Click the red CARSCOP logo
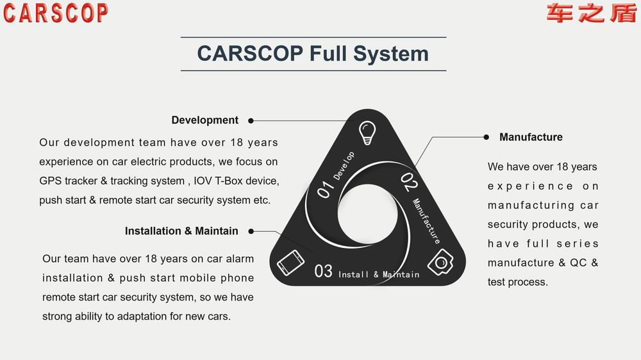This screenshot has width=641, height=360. pyautogui.click(x=56, y=13)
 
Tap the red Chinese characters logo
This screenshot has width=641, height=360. pyautogui.click(x=592, y=13)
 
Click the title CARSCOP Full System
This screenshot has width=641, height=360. pyautogui.click(x=313, y=54)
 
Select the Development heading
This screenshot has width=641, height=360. pyautogui.click(x=205, y=120)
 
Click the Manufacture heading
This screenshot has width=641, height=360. pyautogui.click(x=531, y=137)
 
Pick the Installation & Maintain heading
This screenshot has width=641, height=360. pyautogui.click(x=181, y=231)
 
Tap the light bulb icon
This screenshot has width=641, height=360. pyautogui.click(x=367, y=133)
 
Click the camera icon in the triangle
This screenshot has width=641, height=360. pyautogui.click(x=441, y=262)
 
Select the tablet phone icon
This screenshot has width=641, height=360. pyautogui.click(x=290, y=263)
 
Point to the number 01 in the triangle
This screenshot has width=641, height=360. pyautogui.click(x=326, y=189)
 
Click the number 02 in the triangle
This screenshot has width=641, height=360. pyautogui.click(x=409, y=183)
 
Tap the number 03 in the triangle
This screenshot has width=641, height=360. pyautogui.click(x=323, y=271)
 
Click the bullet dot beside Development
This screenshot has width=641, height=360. pyautogui.click(x=251, y=120)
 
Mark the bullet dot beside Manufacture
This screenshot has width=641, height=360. pyautogui.click(x=486, y=137)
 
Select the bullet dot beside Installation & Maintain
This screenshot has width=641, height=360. pyautogui.click(x=251, y=231)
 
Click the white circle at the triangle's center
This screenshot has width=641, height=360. pyautogui.click(x=367, y=215)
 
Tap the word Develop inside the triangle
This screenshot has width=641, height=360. pyautogui.click(x=344, y=165)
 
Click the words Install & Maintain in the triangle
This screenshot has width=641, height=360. pyautogui.click(x=379, y=275)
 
